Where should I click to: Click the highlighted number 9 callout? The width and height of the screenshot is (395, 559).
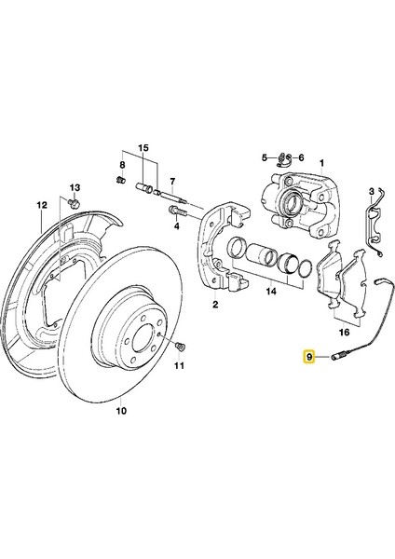[x=308, y=356]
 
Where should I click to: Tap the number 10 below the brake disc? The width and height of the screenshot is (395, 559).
[x=121, y=411]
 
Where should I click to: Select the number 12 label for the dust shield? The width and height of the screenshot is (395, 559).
[x=42, y=205]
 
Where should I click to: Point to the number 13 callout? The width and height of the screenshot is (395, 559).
[x=75, y=187]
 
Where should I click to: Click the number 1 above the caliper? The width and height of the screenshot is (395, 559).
[x=322, y=163]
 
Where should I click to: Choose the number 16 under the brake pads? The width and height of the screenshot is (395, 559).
[x=345, y=333]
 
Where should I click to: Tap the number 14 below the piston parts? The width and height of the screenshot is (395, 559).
[x=271, y=292]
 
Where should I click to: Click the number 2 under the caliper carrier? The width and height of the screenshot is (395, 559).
[x=215, y=305]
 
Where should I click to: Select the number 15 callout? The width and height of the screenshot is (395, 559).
[x=143, y=147]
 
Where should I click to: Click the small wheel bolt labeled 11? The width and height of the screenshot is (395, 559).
[x=180, y=346]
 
